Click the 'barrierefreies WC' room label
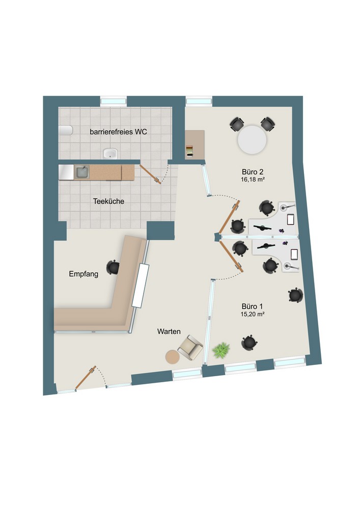pos(118,132)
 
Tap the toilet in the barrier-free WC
pos(66,130)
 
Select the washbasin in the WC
pos(110,153)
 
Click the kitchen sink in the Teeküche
pos(82,173)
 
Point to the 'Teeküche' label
pos(109,201)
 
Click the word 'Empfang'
pos(84,274)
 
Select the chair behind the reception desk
pos(113,267)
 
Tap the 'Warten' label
pos(169,331)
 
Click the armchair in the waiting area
pos(190,348)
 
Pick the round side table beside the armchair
pos(173,357)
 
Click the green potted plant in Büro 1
pos(221,350)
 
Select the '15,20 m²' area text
pos(252,314)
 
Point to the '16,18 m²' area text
pos(253,180)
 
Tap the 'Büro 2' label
pos(252,172)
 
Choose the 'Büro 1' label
pos(252,306)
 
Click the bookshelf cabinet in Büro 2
pos(195,145)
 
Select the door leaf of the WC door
pos(150,174)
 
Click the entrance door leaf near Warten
pos(86,377)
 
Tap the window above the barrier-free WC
pos(113,101)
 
